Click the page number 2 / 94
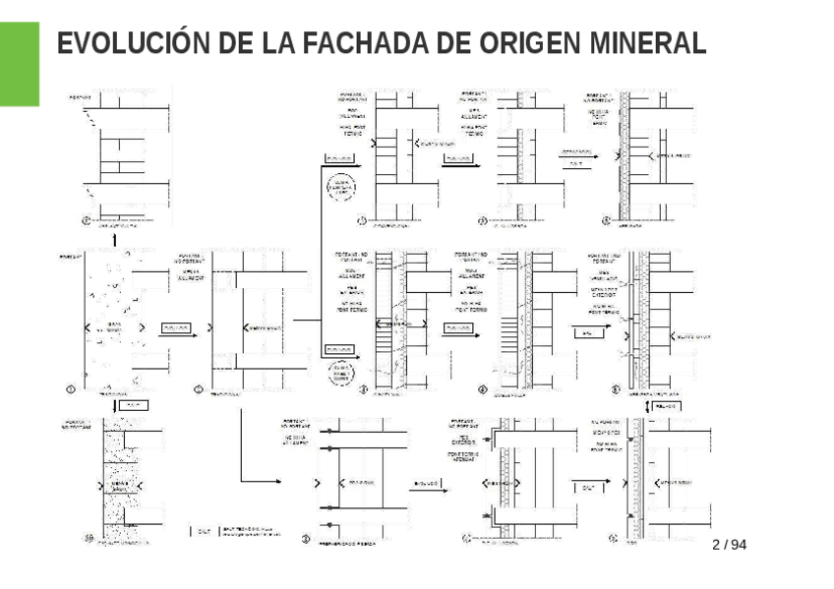click(x=729, y=544)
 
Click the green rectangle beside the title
click(x=20, y=64)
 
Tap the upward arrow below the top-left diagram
click(x=115, y=238)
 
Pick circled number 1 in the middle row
click(x=70, y=389)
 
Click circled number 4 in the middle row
click(x=482, y=389)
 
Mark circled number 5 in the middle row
click(x=615, y=389)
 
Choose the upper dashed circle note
click(x=342, y=186)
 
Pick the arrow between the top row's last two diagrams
click(x=577, y=158)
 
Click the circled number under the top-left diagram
click(x=86, y=222)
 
